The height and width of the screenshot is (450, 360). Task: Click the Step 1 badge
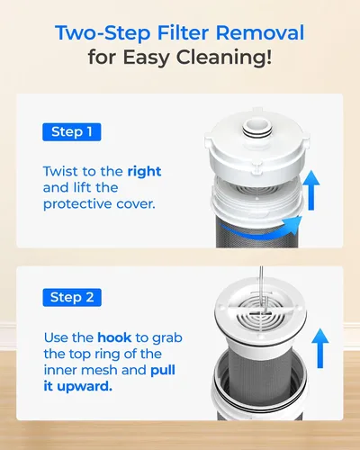pos(72,132)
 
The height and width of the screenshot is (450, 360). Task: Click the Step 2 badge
pos(72,297)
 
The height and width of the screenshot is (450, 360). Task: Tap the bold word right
pos(144,172)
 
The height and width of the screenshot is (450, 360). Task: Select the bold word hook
pos(114,337)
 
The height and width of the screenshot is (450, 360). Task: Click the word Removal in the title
pos(260,32)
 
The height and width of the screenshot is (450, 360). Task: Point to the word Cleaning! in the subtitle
pos(224,58)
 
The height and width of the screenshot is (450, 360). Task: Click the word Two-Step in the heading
pos(103,33)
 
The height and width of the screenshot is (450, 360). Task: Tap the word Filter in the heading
pos(183,32)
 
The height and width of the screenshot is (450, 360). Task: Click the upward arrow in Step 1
pos(311,190)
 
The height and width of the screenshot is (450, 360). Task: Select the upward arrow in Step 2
pos(320,348)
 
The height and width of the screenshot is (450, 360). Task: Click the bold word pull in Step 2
pos(163,371)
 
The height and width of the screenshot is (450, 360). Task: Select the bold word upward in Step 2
pos(85,387)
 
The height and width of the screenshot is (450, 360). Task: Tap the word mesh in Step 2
pos(100,370)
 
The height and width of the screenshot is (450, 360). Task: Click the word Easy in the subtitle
pos(146,58)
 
